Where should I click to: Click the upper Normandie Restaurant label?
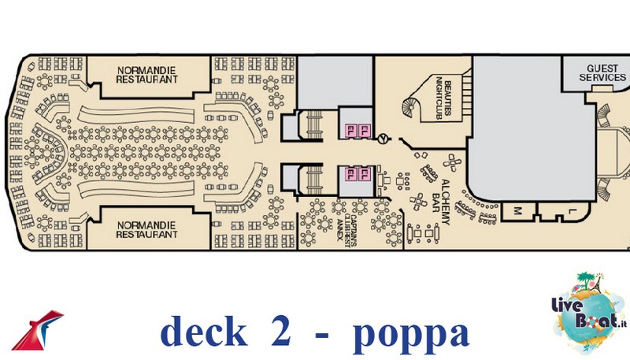pyautogui.click(x=146, y=75)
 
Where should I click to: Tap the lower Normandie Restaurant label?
pyautogui.click(x=146, y=230)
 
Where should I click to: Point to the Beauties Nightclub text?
pyautogui.click(x=443, y=98)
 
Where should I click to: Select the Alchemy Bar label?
pyautogui.click(x=441, y=202)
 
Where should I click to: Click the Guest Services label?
pyautogui.click(x=602, y=72)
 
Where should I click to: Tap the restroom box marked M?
pyautogui.click(x=518, y=211)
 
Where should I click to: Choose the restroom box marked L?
pyautogui.click(x=563, y=211)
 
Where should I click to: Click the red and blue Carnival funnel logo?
pyautogui.click(x=38, y=330)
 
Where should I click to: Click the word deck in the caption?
pyautogui.click(x=204, y=331)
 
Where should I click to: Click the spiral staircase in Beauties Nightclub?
pyautogui.click(x=410, y=106)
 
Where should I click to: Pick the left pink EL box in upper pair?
pyautogui.click(x=350, y=130)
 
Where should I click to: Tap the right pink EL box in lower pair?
pyautogui.click(x=365, y=174)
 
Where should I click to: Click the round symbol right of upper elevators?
pyautogui.click(x=384, y=139)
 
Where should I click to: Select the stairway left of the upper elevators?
pyautogui.click(x=314, y=124)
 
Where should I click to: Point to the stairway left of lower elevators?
pyautogui.click(x=314, y=180)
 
